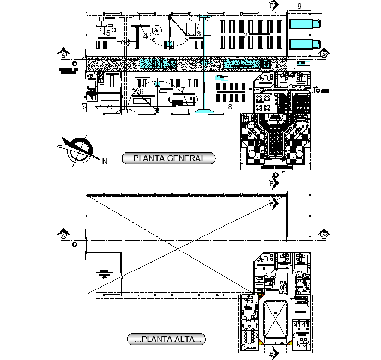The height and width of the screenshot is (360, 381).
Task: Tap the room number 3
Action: tap(198, 34)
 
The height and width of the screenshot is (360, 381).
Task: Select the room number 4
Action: tap(146, 36)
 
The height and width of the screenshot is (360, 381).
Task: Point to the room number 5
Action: tap(108, 34)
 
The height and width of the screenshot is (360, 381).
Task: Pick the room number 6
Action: tap(141, 91)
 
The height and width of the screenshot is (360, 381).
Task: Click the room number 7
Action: tap(183, 90)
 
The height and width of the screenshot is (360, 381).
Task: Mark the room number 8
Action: tap(230, 107)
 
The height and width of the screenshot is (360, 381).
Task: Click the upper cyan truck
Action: tap(304, 23)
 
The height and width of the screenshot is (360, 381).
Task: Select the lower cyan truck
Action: tap(304, 44)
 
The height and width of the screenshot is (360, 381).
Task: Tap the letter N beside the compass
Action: tap(105, 161)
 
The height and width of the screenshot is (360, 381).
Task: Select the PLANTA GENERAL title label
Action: tap(169, 159)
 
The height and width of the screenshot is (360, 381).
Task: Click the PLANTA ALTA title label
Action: tap(166, 339)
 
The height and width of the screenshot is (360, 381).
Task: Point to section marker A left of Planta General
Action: tap(64, 54)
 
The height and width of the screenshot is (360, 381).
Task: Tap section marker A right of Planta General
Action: tap(324, 54)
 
